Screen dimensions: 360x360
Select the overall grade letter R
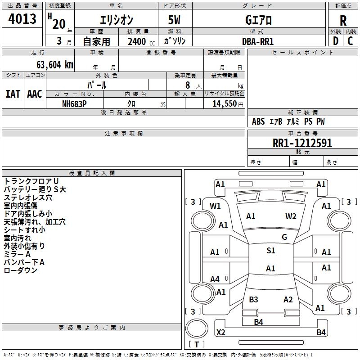[x=343, y=20]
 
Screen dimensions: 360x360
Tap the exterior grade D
[x=335, y=40]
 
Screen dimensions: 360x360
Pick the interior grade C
[x=350, y=40]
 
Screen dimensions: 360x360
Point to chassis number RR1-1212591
[x=302, y=143]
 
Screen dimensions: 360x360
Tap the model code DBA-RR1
[x=258, y=41]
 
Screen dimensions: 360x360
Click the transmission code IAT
[x=13, y=94]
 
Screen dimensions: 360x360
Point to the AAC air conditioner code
[x=35, y=94]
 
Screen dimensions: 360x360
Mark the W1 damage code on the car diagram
[x=215, y=206]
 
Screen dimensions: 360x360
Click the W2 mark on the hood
[x=291, y=216]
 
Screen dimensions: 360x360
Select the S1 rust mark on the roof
[x=270, y=251]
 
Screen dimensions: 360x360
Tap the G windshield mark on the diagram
[x=284, y=237]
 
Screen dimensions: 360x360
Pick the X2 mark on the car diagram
[x=220, y=333]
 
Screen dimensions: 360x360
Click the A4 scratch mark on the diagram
[x=215, y=279]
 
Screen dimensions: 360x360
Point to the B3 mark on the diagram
[x=253, y=300]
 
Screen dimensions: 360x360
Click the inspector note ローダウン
[x=21, y=270]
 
